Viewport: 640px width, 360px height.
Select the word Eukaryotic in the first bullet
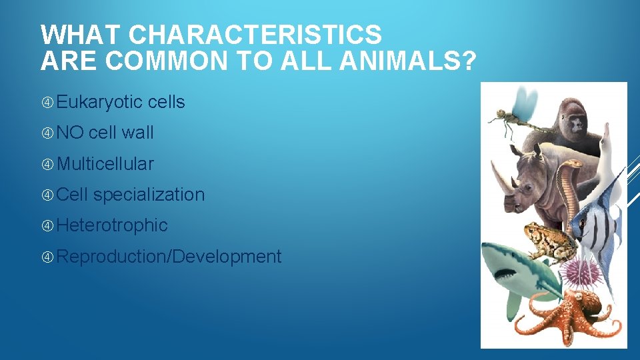tap(100, 102)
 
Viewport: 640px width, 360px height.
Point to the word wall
tap(138, 133)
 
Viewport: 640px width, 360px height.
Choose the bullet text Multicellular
tap(105, 164)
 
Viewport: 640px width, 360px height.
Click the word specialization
tap(149, 195)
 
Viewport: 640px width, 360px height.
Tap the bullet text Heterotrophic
tap(112, 225)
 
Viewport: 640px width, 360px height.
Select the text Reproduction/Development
tap(169, 256)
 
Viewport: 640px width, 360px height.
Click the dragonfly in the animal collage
tap(517, 111)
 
